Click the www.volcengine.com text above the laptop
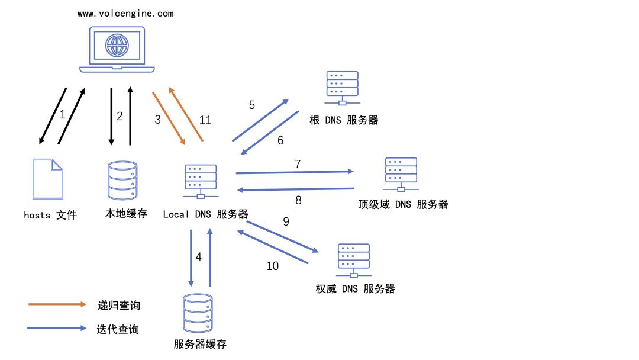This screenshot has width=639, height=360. pyautogui.click(x=125, y=14)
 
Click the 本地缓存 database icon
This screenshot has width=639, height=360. pyautogui.click(x=123, y=181)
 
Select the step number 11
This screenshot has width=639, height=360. pyautogui.click(x=205, y=120)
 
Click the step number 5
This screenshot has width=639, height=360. pyautogui.click(x=251, y=105)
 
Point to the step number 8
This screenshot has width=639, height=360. pyautogui.click(x=298, y=200)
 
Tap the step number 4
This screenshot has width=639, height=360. pyautogui.click(x=199, y=257)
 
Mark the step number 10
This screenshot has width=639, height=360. pyautogui.click(x=272, y=266)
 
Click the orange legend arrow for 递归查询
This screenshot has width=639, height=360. pyautogui.click(x=58, y=304)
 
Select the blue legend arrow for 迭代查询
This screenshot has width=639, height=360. pyautogui.click(x=58, y=328)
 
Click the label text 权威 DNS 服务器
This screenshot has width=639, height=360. pyautogui.click(x=355, y=289)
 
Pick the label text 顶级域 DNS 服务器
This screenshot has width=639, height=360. pyautogui.click(x=403, y=204)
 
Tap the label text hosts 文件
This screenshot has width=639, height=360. pyautogui.click(x=50, y=215)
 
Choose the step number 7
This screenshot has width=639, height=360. pyautogui.click(x=298, y=164)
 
